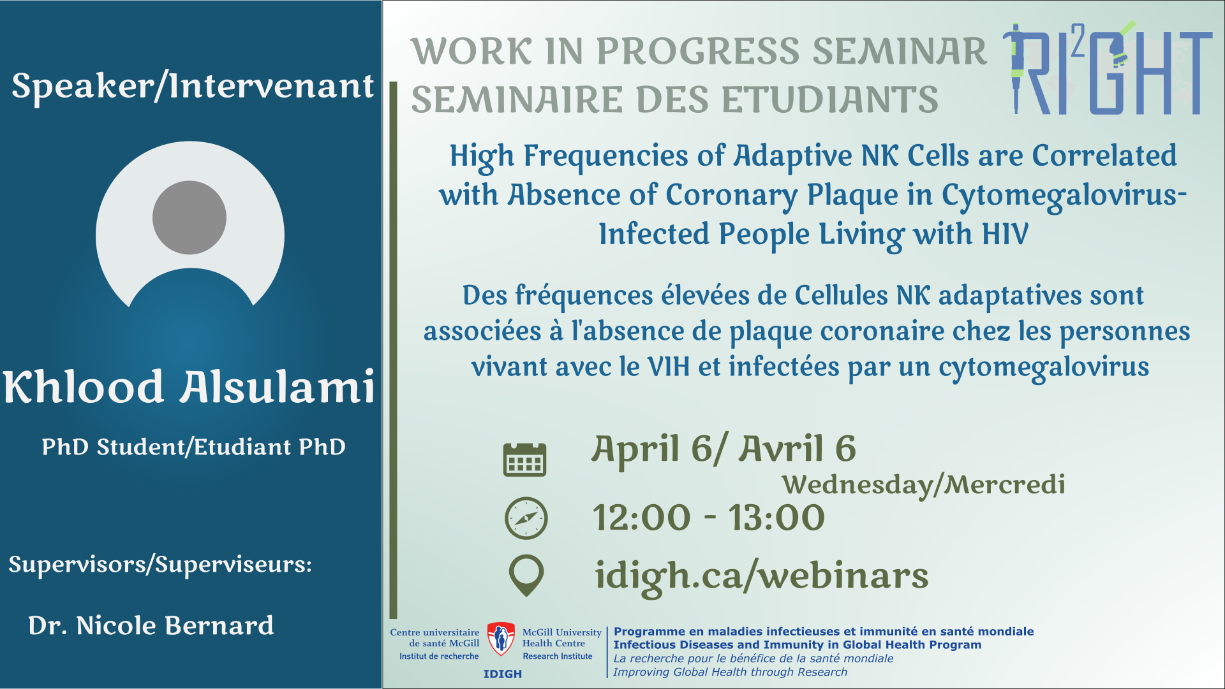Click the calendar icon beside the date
pos(524,459)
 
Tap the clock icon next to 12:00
pos(526,518)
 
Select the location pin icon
pos(526,576)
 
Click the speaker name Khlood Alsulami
pos(189,387)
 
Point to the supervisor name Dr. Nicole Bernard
pos(151,625)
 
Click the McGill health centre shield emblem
pos(501,639)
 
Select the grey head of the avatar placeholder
pos(189,217)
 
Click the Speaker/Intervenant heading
pos(193,86)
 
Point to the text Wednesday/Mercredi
pos(924,485)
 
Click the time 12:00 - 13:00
pos(709,517)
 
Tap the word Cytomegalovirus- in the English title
pos(1064,195)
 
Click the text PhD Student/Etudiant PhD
pos(194,447)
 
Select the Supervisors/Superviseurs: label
pos(160,565)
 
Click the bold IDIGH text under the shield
pos(503,674)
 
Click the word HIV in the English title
pos(1005,234)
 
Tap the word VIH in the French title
pos(669,367)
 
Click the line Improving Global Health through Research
pos(731,672)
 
